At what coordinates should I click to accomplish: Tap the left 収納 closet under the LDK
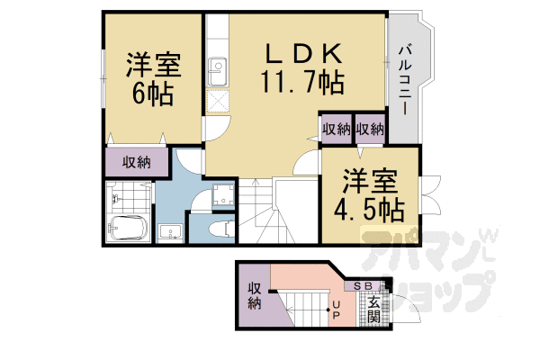[x=337, y=129]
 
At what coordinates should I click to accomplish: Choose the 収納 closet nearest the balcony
[x=369, y=129]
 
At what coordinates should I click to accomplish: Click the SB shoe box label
[x=364, y=286]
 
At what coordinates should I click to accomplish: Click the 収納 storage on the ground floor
[x=255, y=296]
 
